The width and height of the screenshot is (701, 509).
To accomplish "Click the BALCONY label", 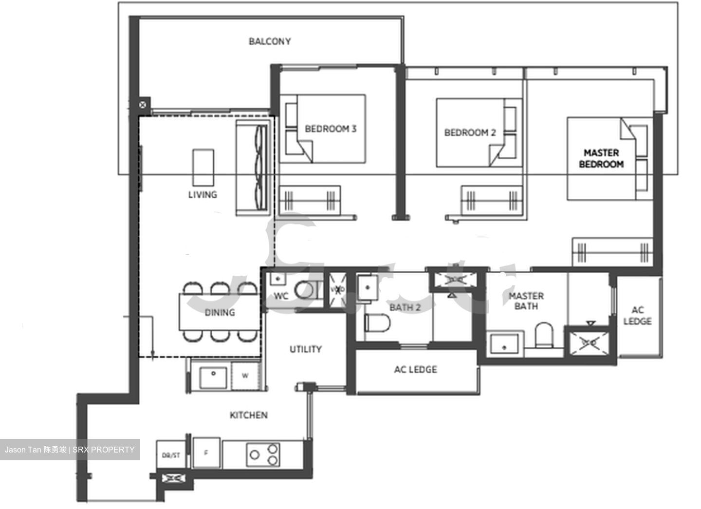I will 270,41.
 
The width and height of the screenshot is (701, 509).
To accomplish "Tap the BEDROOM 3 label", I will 330,129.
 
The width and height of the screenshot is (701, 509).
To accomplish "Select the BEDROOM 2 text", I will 470,132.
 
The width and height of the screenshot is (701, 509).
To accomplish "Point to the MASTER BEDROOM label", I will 601,159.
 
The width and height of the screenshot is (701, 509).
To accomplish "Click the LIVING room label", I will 203,195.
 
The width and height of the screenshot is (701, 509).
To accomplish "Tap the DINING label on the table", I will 220,313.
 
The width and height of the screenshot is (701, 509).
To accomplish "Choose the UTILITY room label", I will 305,349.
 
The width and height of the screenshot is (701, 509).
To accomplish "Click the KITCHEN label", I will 248,415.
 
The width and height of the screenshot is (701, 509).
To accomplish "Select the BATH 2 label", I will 405,307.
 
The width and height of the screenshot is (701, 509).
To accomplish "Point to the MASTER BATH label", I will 526,301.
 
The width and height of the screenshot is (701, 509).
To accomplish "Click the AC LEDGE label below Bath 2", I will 415,370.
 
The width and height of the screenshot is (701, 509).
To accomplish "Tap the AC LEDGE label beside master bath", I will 637,316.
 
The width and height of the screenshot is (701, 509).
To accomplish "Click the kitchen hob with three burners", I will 263,454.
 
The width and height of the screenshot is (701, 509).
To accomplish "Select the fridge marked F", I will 206,453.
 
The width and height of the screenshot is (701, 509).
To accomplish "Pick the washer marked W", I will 245,376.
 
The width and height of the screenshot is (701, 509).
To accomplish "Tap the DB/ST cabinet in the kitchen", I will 171,455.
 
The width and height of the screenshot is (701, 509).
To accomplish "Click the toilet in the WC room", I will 306,289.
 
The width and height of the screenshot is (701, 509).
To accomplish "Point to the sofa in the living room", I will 252,168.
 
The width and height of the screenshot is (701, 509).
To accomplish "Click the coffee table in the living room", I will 203,167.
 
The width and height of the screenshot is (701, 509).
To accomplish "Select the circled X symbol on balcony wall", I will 142,104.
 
